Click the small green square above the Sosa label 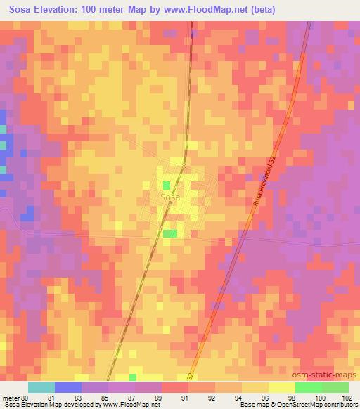[x=166, y=186]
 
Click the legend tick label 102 [x=347, y=398]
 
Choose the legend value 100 [x=321, y=398]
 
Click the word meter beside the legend [x=11, y=398]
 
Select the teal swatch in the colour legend [x=41, y=387]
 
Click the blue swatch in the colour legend [x=68, y=387]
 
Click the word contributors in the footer [x=341, y=405]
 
